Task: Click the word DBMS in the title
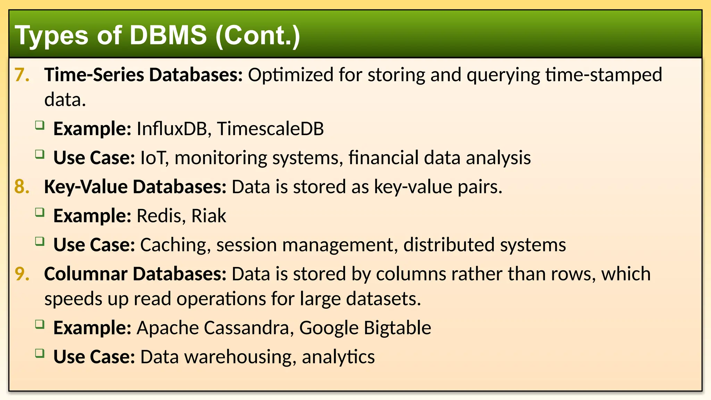168,35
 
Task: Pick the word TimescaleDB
270,129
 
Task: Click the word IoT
154,158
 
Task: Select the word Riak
209,216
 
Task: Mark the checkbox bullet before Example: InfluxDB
40,125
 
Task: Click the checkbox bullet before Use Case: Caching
40,241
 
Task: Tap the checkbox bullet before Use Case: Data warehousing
40,353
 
